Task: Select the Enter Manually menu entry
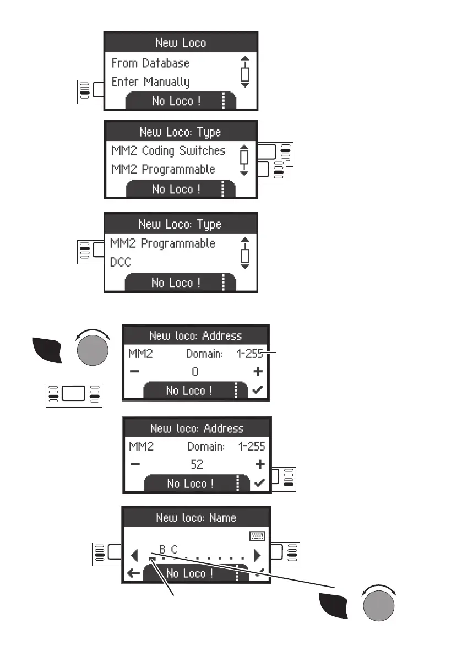pos(150,82)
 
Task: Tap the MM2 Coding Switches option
pos(169,150)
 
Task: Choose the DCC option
pos(121,262)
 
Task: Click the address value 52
pos(197,464)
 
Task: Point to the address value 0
pos(195,372)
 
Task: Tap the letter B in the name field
pos(162,549)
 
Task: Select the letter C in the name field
pos(174,549)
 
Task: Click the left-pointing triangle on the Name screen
pos(134,554)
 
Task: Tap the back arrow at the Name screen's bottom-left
pos(133,573)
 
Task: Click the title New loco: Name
pos(196,518)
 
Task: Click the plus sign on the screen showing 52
pos(259,464)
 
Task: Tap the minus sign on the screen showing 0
pos(134,372)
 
